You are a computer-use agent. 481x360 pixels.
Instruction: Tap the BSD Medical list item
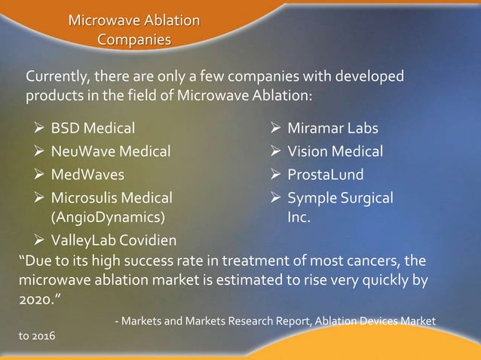click(93, 129)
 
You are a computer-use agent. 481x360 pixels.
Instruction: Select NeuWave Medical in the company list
click(110, 152)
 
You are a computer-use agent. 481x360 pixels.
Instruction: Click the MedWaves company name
click(87, 175)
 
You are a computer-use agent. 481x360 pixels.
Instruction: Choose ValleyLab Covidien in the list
click(114, 241)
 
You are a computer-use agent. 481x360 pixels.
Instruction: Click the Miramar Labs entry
click(332, 129)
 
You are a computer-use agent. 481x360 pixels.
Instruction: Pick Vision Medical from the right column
click(335, 152)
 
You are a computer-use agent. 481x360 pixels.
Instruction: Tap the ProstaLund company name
click(325, 175)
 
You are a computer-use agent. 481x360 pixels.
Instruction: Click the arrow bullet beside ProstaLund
click(277, 175)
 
